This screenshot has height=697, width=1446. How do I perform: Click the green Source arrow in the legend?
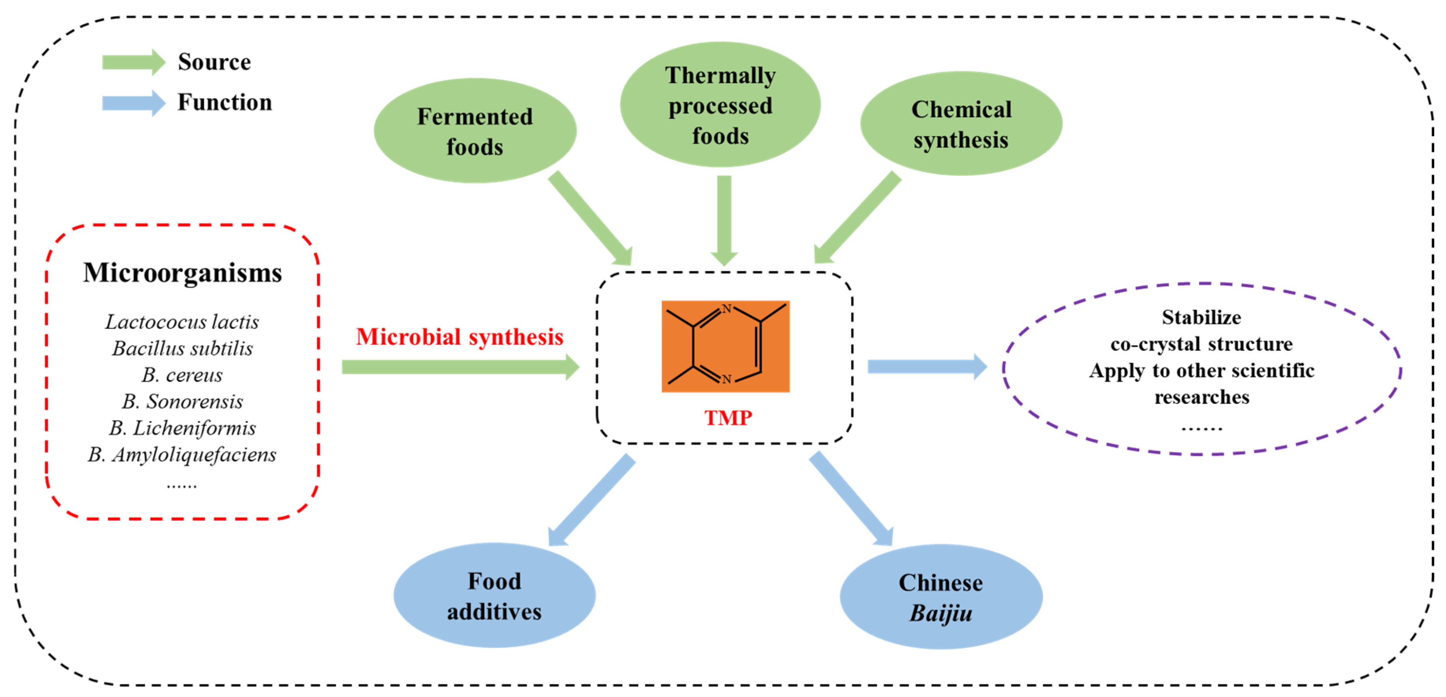133,62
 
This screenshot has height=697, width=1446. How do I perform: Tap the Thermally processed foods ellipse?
720,105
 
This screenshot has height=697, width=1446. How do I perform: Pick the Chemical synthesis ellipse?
961,124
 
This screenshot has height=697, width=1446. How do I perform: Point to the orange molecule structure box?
725,347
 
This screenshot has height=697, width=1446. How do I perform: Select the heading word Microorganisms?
183,273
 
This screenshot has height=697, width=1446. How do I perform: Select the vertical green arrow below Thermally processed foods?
724,219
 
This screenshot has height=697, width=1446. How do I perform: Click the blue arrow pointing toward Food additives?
592,500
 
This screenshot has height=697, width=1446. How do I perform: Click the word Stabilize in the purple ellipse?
1201,318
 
